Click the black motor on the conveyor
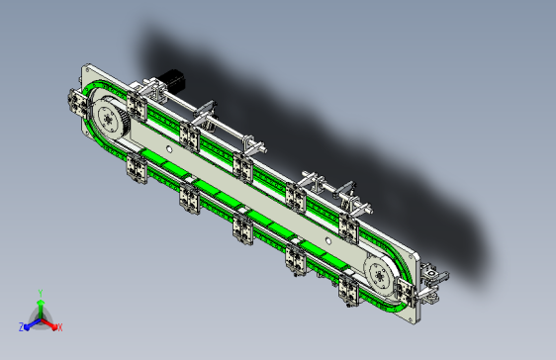click(172, 81)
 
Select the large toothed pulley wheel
click(110, 118)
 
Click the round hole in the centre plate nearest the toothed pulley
click(169, 150)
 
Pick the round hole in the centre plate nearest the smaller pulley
click(328, 241)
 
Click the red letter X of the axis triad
click(59, 327)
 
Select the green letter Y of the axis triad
click(41, 293)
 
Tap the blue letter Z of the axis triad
click(22, 327)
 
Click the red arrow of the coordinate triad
click(48, 323)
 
